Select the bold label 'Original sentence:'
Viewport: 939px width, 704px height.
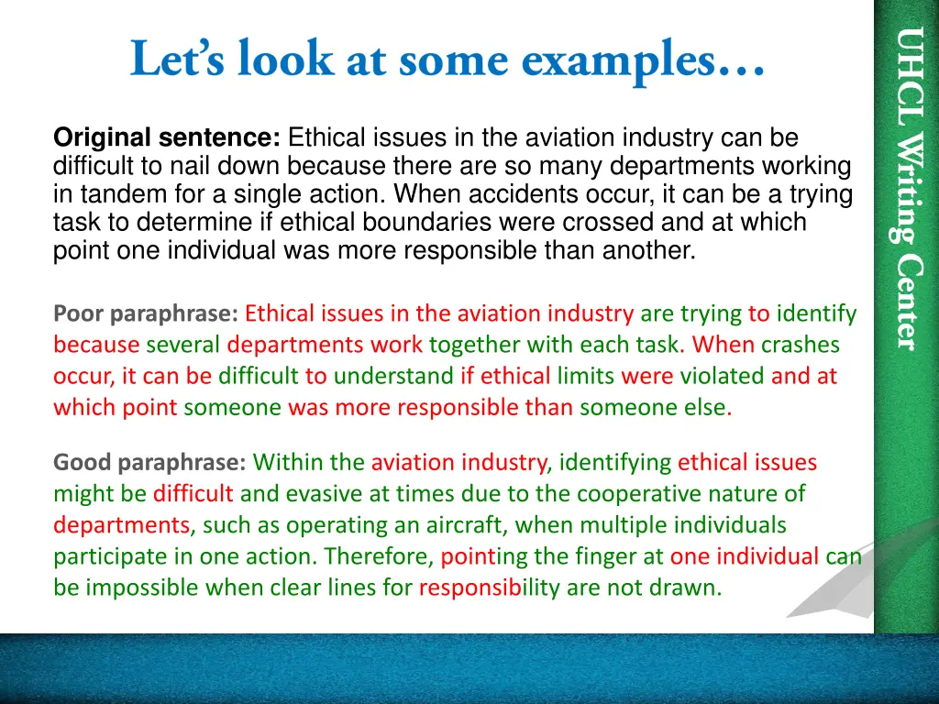tap(167, 138)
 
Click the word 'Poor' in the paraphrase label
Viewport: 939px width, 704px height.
tap(79, 314)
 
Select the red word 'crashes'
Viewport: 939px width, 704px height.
tap(801, 346)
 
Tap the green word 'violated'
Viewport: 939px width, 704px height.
tap(722, 376)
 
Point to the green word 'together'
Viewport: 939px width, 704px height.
tap(471, 346)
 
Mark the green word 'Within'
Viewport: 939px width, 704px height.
tap(285, 463)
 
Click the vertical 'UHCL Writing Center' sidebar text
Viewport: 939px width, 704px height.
tap(907, 188)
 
